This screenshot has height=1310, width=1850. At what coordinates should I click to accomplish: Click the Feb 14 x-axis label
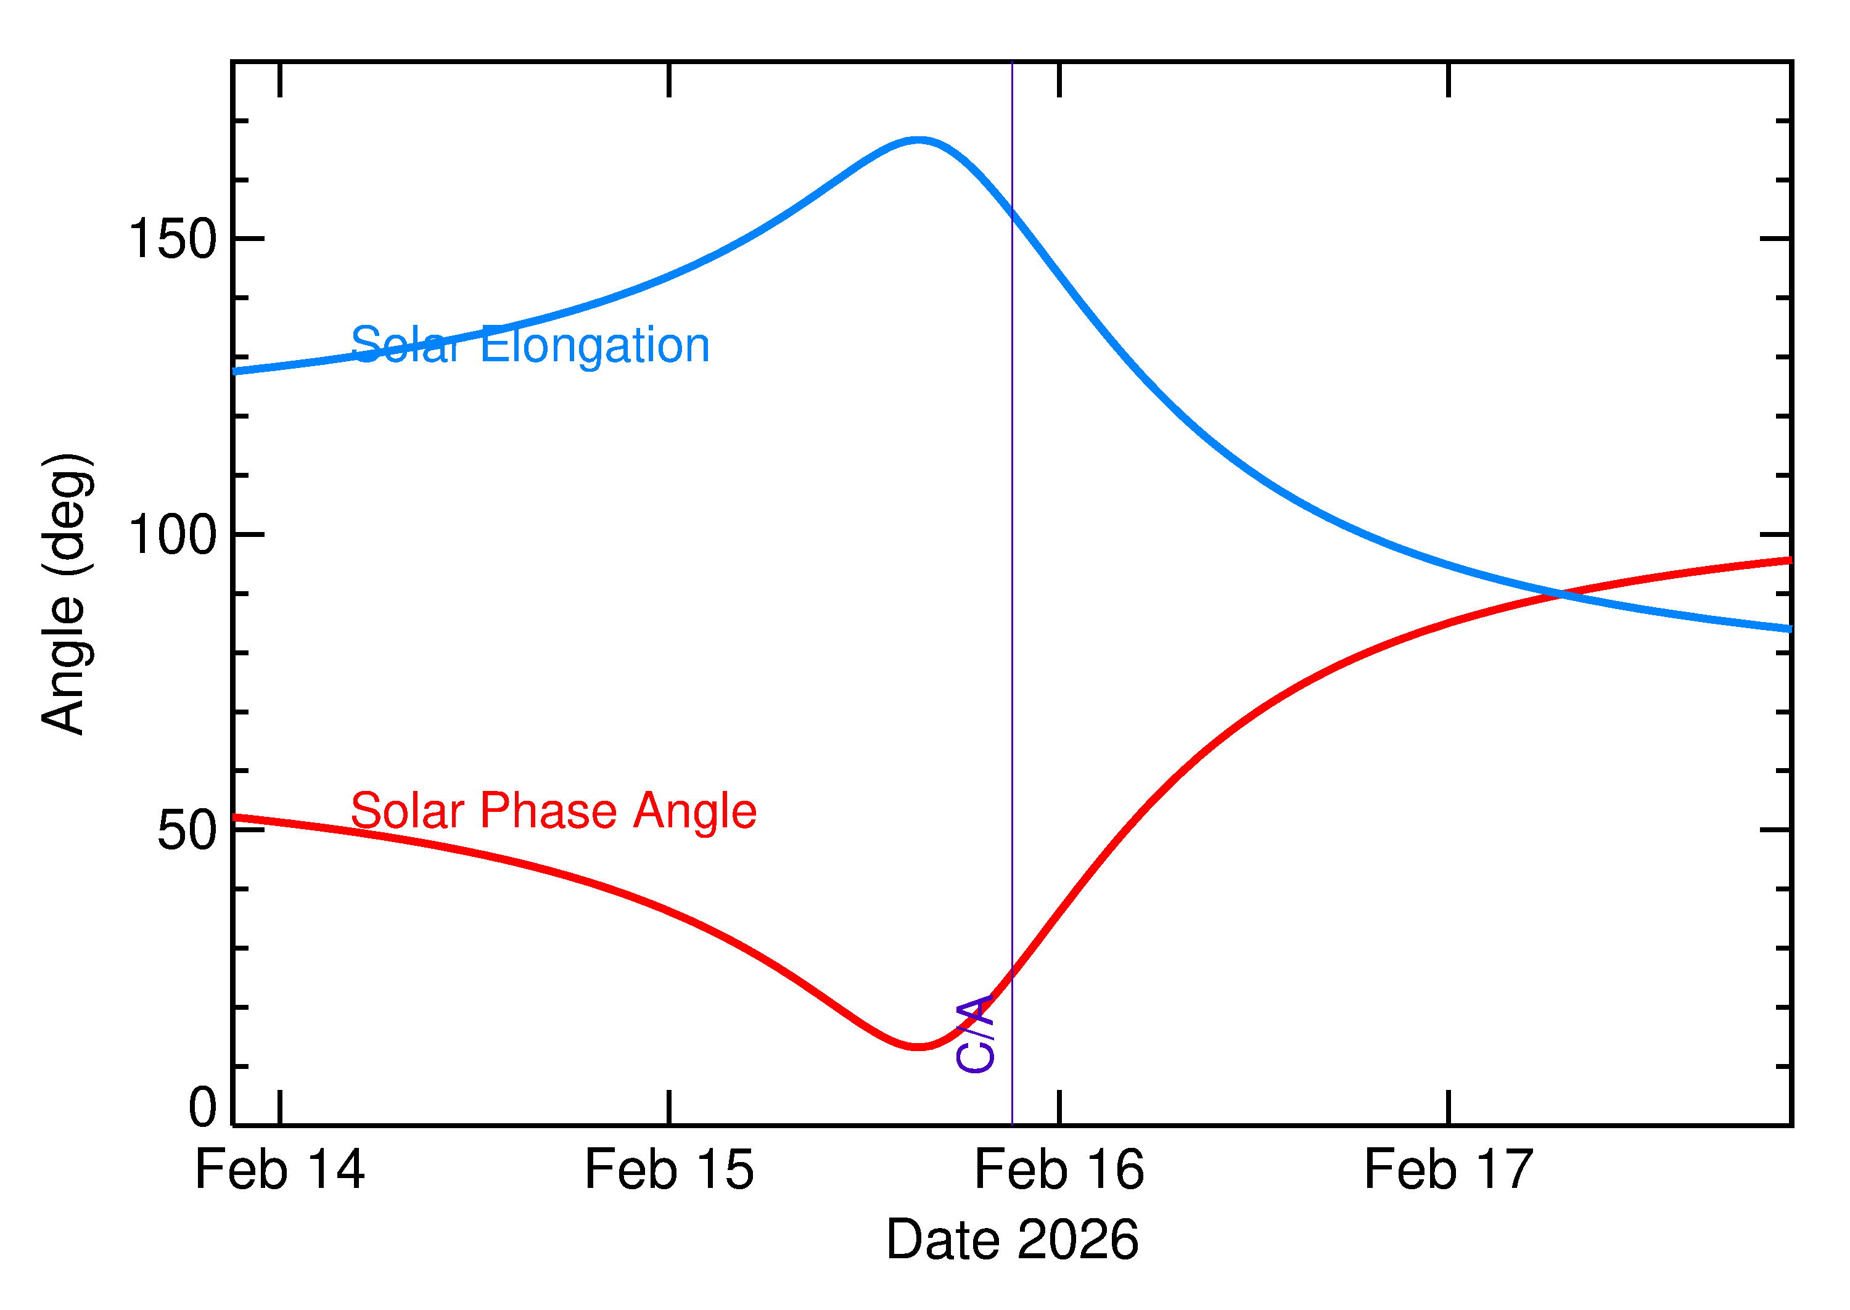tap(279, 1171)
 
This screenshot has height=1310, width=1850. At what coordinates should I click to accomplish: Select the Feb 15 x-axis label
tap(669, 1171)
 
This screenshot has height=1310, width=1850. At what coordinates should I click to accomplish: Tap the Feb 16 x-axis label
tap(1059, 1171)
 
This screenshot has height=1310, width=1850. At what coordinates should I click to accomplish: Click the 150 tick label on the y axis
tap(173, 240)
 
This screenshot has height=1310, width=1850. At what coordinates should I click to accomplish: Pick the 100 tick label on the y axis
tap(173, 535)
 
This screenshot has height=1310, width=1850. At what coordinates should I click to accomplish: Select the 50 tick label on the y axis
tap(187, 831)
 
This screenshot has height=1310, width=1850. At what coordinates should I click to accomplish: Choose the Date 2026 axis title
tap(1012, 1240)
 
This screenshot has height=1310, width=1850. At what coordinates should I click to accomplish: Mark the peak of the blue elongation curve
tap(918, 141)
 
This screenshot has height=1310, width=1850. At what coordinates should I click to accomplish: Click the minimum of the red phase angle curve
tap(918, 1047)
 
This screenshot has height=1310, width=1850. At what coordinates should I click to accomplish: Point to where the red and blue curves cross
tap(1562, 594)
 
